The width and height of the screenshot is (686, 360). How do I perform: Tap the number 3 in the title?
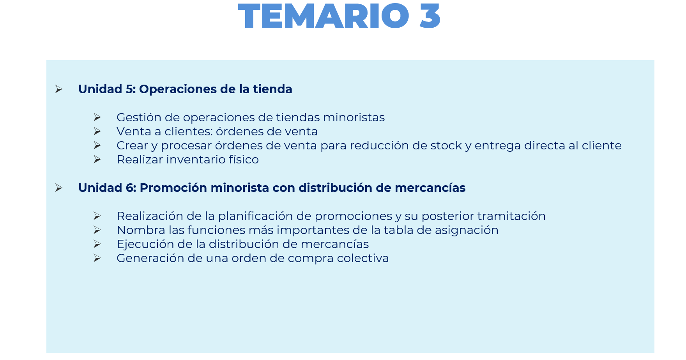[430, 16]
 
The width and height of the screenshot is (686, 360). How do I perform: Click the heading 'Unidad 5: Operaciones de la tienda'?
[185, 89]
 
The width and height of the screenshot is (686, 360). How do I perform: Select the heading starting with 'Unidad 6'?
[272, 188]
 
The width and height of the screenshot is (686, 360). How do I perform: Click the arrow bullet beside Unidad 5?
[59, 89]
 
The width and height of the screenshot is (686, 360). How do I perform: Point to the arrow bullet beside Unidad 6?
[59, 188]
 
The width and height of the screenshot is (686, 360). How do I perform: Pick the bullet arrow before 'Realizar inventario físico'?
[97, 160]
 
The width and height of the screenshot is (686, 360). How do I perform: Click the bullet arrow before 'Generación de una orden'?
[97, 258]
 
